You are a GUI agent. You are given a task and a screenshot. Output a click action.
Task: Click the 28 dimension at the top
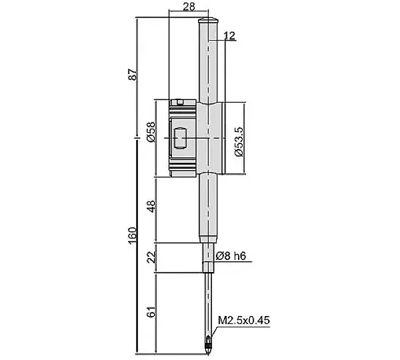(189, 7)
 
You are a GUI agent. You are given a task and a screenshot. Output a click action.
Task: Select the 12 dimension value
(229, 36)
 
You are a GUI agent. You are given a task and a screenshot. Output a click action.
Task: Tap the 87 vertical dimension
(133, 75)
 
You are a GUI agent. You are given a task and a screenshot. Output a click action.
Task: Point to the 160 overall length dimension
(133, 235)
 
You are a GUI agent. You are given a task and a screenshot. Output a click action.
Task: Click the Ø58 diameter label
(151, 131)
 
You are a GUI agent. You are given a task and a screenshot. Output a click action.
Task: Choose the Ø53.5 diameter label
(239, 141)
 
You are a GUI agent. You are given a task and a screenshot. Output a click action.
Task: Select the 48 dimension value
(151, 206)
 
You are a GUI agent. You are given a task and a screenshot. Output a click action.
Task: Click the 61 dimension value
(151, 311)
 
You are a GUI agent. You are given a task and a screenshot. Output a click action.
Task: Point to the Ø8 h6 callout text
(231, 256)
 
